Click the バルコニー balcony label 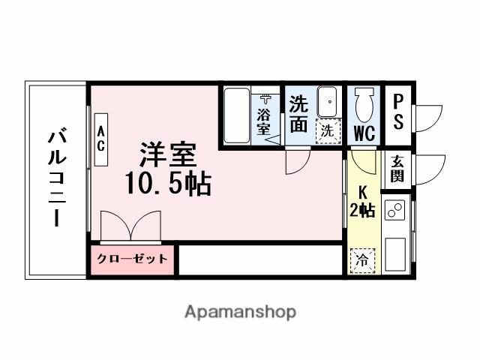[x=57, y=179]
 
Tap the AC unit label [x=100, y=138]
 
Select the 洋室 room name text [x=167, y=154]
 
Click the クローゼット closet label [x=133, y=260]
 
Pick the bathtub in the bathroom [x=237, y=116]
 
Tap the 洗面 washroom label [x=298, y=115]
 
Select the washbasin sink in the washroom [x=327, y=101]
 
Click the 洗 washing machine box [x=328, y=129]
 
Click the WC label [x=364, y=133]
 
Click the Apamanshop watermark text [x=240, y=311]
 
